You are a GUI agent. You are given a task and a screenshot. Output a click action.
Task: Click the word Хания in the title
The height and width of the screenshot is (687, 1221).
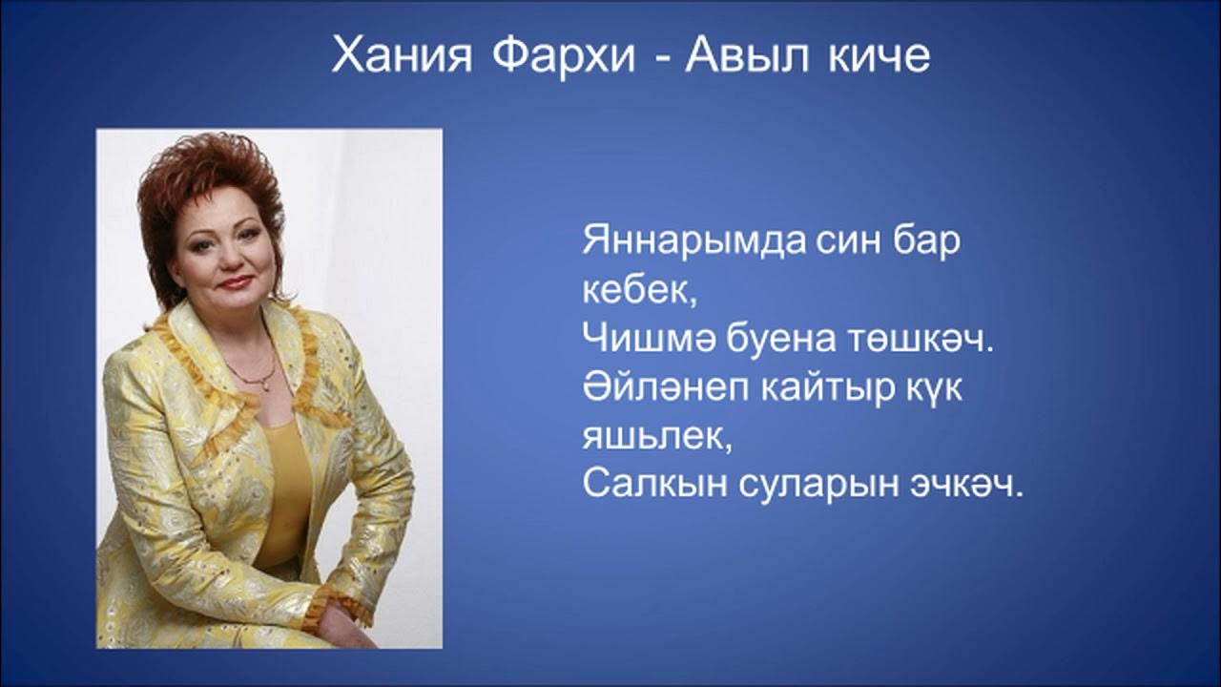402,57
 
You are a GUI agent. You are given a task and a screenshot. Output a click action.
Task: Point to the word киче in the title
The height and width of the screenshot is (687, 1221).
877,57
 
